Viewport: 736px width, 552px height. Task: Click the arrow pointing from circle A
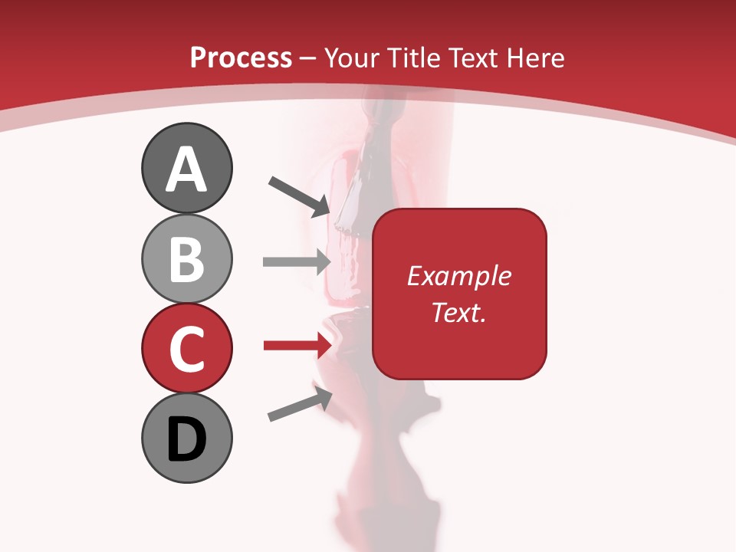(x=300, y=195)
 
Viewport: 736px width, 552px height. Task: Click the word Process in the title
(x=241, y=58)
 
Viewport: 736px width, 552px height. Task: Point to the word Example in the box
(x=459, y=276)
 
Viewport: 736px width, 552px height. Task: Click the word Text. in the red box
(x=459, y=313)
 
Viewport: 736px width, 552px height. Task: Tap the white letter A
(x=186, y=170)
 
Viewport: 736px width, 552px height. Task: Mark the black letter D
(x=186, y=440)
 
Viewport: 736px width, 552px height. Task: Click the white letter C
(x=186, y=350)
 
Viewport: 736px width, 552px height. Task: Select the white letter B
(x=186, y=259)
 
